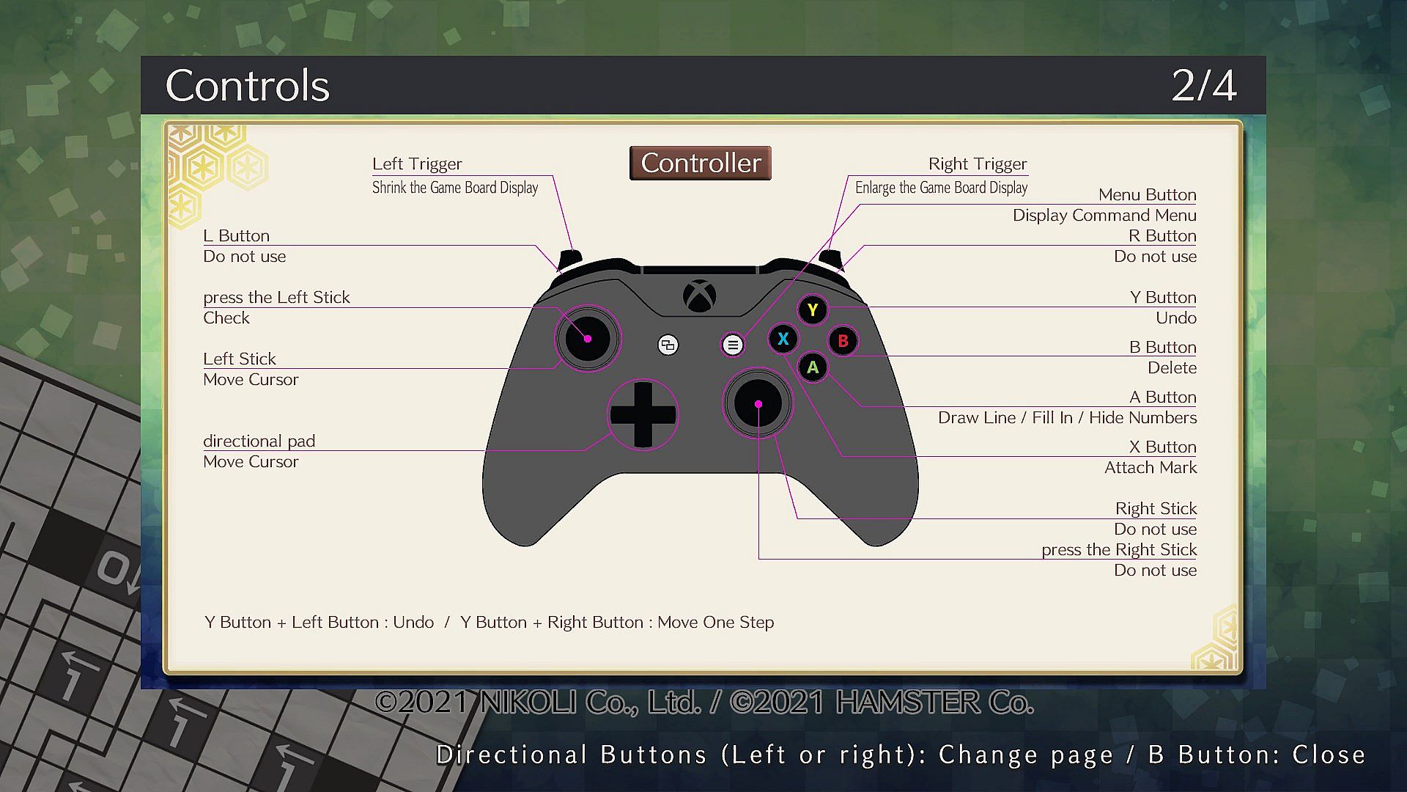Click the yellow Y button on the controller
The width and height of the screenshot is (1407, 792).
[812, 310]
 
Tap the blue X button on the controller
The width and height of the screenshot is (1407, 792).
[783, 339]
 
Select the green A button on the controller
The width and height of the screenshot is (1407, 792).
[813, 367]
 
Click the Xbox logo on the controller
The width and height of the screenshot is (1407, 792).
[700, 296]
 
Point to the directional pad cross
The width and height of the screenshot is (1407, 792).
[643, 414]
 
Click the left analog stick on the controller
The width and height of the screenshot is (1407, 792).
[588, 339]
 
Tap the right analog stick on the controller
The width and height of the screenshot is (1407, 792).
[758, 403]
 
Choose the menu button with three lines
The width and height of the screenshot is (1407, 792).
[733, 345]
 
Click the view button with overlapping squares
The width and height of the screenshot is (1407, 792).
[668, 345]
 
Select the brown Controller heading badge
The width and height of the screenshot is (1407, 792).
[701, 163]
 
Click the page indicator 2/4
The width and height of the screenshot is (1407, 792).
[1204, 86]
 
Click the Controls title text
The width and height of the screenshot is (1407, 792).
[248, 86]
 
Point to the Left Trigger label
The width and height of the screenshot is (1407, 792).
[417, 164]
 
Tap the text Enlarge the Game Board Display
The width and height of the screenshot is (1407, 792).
[941, 188]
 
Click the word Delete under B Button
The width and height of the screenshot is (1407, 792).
[1172, 367]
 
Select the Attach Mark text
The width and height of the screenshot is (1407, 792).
[1151, 467]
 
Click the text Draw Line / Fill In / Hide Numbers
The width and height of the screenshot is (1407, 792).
[1067, 417]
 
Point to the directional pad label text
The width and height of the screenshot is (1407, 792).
[259, 441]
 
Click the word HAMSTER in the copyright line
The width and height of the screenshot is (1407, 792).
[906, 703]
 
